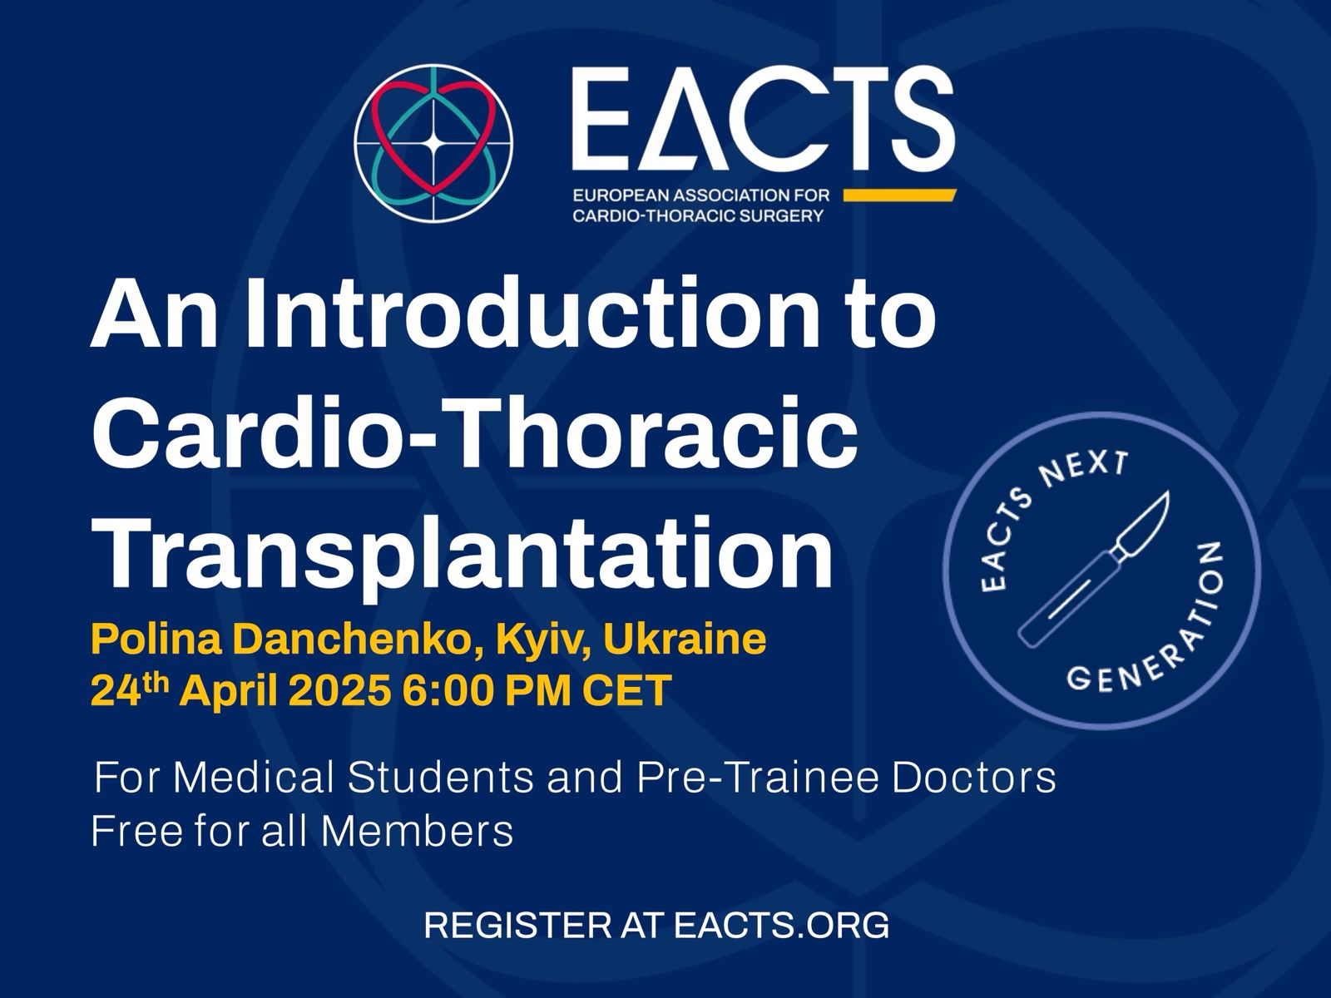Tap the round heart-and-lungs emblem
[433, 144]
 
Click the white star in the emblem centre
[433, 144]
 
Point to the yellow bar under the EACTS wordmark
[899, 195]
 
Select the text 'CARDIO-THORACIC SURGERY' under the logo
[699, 216]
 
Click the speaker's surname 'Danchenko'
[359, 639]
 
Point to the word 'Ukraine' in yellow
[685, 639]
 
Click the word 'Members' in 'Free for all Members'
[417, 831]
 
